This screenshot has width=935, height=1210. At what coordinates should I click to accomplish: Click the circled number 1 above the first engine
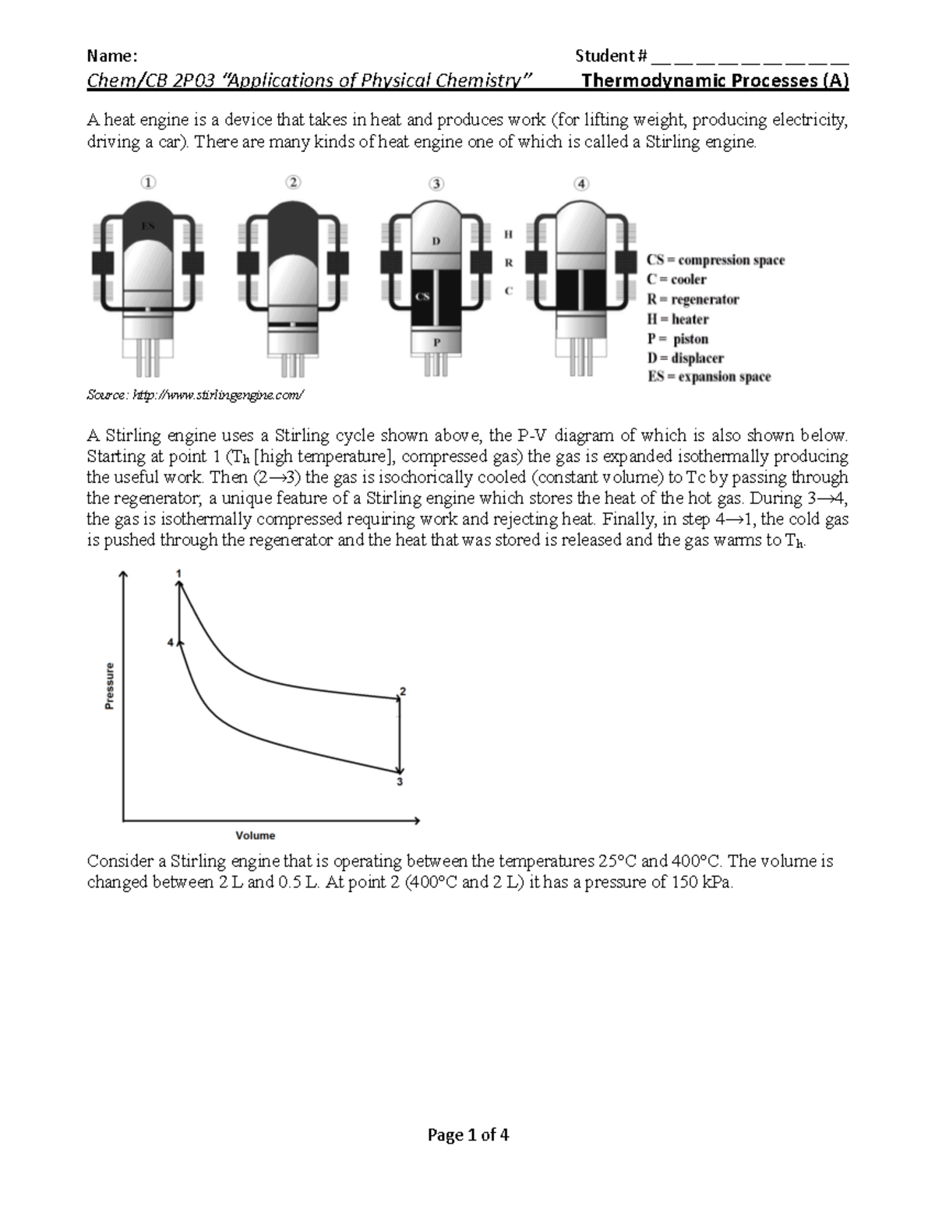(x=148, y=182)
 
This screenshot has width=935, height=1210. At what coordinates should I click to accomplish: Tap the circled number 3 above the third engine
(x=436, y=184)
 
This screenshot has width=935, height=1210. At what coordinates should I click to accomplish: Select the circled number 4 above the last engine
(x=581, y=184)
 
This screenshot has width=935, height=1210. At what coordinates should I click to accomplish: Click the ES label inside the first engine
(x=148, y=226)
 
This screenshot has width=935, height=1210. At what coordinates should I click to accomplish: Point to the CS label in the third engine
(x=422, y=296)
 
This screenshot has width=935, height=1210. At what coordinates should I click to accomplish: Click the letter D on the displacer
(x=436, y=241)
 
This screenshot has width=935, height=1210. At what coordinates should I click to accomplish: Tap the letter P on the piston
(x=436, y=341)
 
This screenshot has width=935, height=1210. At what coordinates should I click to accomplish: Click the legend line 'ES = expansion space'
(x=708, y=377)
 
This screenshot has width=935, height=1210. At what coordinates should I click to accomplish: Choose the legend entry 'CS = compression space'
(x=715, y=260)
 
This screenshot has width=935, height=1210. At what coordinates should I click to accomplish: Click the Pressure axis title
(x=110, y=686)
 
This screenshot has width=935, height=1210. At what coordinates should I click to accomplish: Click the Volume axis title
(x=256, y=835)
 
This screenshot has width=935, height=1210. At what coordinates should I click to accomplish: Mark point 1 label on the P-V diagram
(x=179, y=573)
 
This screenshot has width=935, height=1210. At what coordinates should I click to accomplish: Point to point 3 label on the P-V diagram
(x=400, y=782)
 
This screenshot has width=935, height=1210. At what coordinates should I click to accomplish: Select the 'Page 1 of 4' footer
(x=467, y=1134)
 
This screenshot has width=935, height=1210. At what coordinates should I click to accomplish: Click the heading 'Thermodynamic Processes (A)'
(x=714, y=80)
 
